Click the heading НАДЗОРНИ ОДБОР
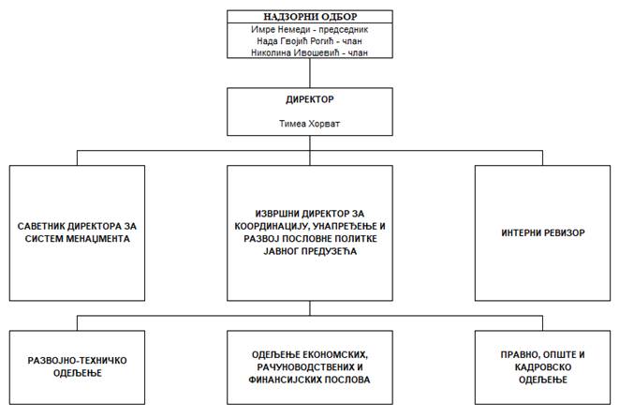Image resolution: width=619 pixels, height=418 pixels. (305, 17)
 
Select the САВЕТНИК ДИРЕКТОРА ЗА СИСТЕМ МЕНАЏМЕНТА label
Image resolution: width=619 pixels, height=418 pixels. (77, 232)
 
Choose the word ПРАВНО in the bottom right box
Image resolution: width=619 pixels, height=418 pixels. (518, 354)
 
